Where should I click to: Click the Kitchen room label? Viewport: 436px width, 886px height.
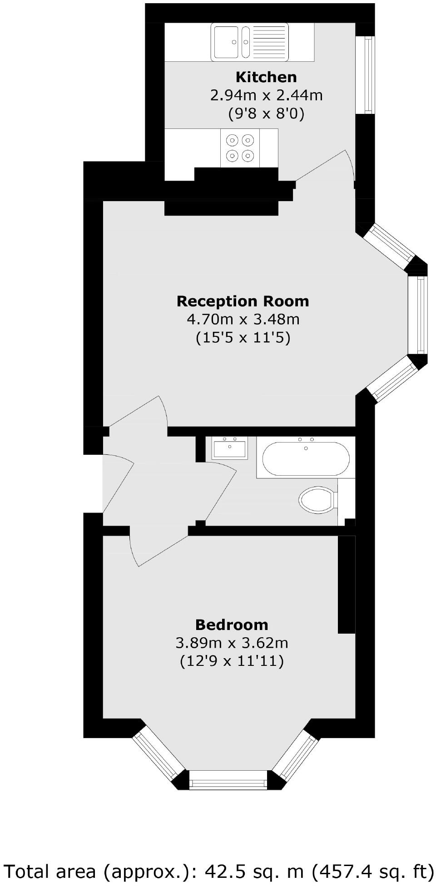click(x=266, y=77)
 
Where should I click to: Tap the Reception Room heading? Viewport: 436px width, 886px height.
click(x=243, y=301)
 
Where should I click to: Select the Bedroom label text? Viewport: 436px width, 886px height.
click(x=232, y=625)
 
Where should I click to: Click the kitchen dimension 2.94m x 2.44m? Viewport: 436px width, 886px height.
click(x=266, y=95)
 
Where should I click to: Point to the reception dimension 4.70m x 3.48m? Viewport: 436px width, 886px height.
click(x=243, y=320)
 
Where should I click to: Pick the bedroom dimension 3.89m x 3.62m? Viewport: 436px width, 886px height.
click(x=232, y=643)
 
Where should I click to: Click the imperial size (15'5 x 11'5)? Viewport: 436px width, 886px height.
click(x=243, y=338)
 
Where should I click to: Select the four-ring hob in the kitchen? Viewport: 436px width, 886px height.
click(x=240, y=148)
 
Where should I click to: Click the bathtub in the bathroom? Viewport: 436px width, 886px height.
click(x=306, y=458)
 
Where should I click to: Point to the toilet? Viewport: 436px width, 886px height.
click(x=317, y=500)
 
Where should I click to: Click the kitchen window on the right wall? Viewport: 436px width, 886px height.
click(x=368, y=75)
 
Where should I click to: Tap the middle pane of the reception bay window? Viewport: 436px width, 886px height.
click(x=417, y=315)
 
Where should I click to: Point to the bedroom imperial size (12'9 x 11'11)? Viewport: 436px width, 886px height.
click(x=232, y=661)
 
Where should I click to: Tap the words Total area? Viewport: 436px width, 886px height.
click(x=50, y=871)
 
